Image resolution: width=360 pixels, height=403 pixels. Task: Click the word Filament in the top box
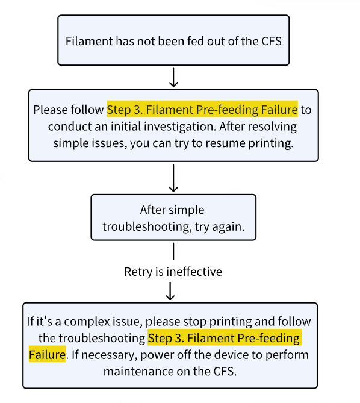click(x=89, y=41)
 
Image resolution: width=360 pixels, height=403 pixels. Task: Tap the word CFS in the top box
click(x=272, y=41)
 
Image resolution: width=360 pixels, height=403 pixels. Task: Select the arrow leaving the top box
click(x=173, y=77)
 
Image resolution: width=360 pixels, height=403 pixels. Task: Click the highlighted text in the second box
click(x=202, y=110)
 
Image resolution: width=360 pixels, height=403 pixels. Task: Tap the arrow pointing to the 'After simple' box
click(x=173, y=178)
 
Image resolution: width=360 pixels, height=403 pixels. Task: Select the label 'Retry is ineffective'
click(x=173, y=272)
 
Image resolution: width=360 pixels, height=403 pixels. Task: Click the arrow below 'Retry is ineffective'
click(x=170, y=291)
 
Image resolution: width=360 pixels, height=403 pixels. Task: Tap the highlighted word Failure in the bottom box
click(x=47, y=355)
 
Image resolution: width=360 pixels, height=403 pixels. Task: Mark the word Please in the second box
click(x=51, y=110)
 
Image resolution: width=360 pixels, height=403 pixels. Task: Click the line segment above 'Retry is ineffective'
click(x=173, y=252)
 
